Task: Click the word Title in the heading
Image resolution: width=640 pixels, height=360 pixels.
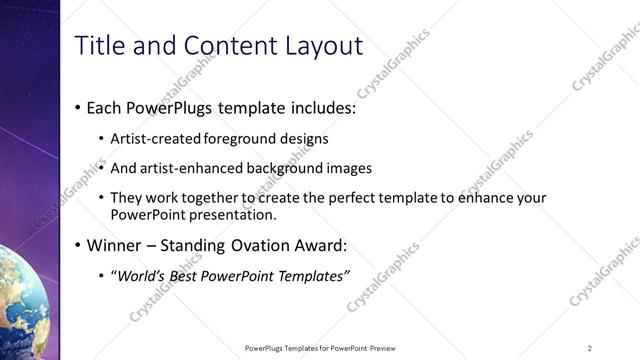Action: click(101, 46)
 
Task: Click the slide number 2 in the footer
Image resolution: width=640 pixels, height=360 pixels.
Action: click(590, 348)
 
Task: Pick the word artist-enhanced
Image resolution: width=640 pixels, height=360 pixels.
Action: click(190, 168)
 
